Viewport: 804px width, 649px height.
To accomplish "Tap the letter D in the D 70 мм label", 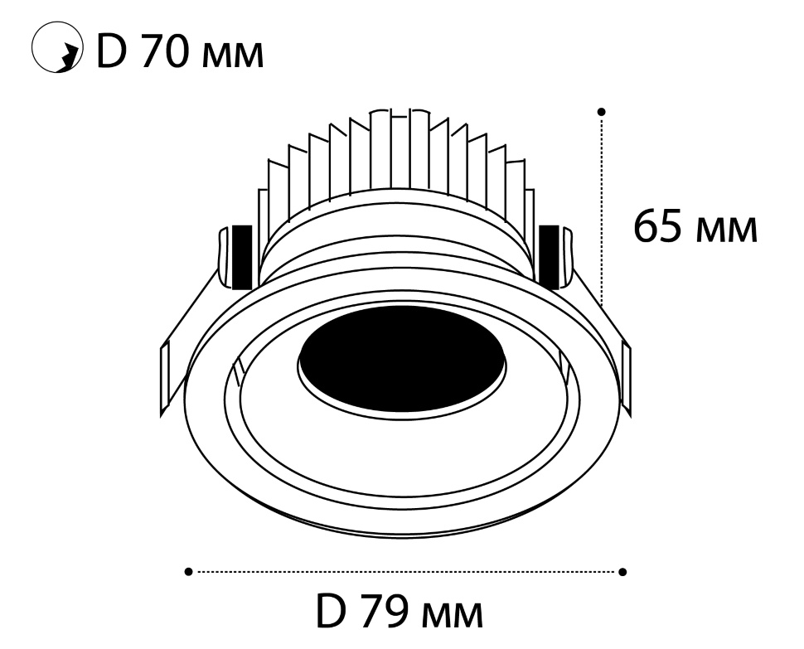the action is [x=111, y=51].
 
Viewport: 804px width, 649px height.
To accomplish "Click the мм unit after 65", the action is [x=727, y=230].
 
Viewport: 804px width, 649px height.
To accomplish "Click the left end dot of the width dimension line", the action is [x=189, y=572].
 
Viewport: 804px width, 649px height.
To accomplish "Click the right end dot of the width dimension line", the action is [x=623, y=572].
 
